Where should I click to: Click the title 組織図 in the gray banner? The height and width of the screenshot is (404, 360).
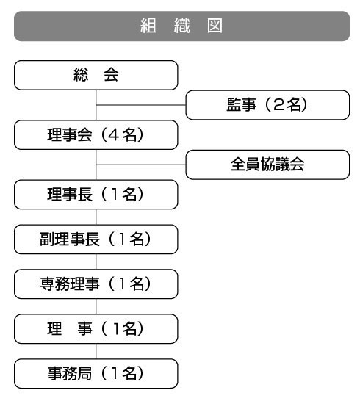(181, 26)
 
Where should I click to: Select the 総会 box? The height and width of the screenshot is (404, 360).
(96, 75)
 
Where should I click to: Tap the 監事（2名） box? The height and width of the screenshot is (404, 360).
(267, 105)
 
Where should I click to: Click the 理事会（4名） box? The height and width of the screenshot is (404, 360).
(96, 134)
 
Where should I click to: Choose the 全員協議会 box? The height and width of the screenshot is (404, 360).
(267, 165)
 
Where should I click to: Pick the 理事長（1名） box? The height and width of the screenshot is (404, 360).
(96, 195)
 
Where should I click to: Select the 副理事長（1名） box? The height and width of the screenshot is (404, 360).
(96, 239)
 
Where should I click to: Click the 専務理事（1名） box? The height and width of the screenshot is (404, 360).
(96, 284)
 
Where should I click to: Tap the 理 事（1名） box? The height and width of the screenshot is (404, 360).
(96, 329)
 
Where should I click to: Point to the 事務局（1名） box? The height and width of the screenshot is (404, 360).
(96, 374)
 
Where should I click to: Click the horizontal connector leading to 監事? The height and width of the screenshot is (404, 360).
(141, 105)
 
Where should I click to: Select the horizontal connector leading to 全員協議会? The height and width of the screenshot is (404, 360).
(141, 165)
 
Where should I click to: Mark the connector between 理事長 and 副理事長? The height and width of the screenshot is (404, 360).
(96, 217)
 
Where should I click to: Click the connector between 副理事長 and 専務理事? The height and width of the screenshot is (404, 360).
(96, 261)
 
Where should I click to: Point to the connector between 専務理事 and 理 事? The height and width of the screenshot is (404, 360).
(96, 306)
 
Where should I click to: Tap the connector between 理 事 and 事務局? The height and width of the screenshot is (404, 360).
(96, 351)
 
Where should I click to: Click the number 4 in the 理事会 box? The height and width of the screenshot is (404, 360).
(114, 135)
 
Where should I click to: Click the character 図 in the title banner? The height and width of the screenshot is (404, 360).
(215, 26)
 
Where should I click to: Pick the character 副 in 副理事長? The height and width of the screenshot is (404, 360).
(46, 239)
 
